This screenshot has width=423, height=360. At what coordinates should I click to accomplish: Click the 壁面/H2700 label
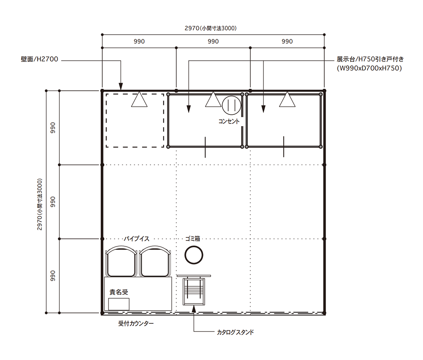(x=39, y=59)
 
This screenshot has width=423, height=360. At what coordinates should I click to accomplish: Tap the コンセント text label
(x=229, y=121)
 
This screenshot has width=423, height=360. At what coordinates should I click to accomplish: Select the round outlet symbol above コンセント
(x=232, y=105)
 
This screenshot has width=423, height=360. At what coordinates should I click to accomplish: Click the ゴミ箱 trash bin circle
(x=194, y=255)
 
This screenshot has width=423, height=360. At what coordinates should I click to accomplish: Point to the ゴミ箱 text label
(x=193, y=239)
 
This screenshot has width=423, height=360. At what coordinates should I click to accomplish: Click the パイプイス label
(x=136, y=239)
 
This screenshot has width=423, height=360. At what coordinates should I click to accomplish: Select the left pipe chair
(x=121, y=261)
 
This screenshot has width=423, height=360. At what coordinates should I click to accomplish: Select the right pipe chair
(x=155, y=261)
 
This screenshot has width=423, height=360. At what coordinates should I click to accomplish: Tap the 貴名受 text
(x=118, y=292)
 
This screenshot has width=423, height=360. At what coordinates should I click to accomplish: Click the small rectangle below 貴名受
(x=119, y=304)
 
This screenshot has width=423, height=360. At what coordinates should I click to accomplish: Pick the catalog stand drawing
(x=194, y=290)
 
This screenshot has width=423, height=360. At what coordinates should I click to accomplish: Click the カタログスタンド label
(x=235, y=332)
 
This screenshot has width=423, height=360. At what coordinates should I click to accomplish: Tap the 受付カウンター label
(x=136, y=323)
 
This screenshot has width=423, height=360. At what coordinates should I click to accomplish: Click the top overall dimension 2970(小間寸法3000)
(x=211, y=28)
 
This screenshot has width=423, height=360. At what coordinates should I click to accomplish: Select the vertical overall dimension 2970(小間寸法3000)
(x=39, y=204)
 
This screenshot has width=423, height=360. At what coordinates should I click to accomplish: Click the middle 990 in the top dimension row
(x=213, y=41)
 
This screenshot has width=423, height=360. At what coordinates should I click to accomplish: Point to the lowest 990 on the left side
(x=53, y=276)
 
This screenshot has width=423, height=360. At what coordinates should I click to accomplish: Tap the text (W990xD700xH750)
(x=369, y=68)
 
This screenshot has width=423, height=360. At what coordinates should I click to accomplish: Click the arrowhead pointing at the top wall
(x=121, y=86)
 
